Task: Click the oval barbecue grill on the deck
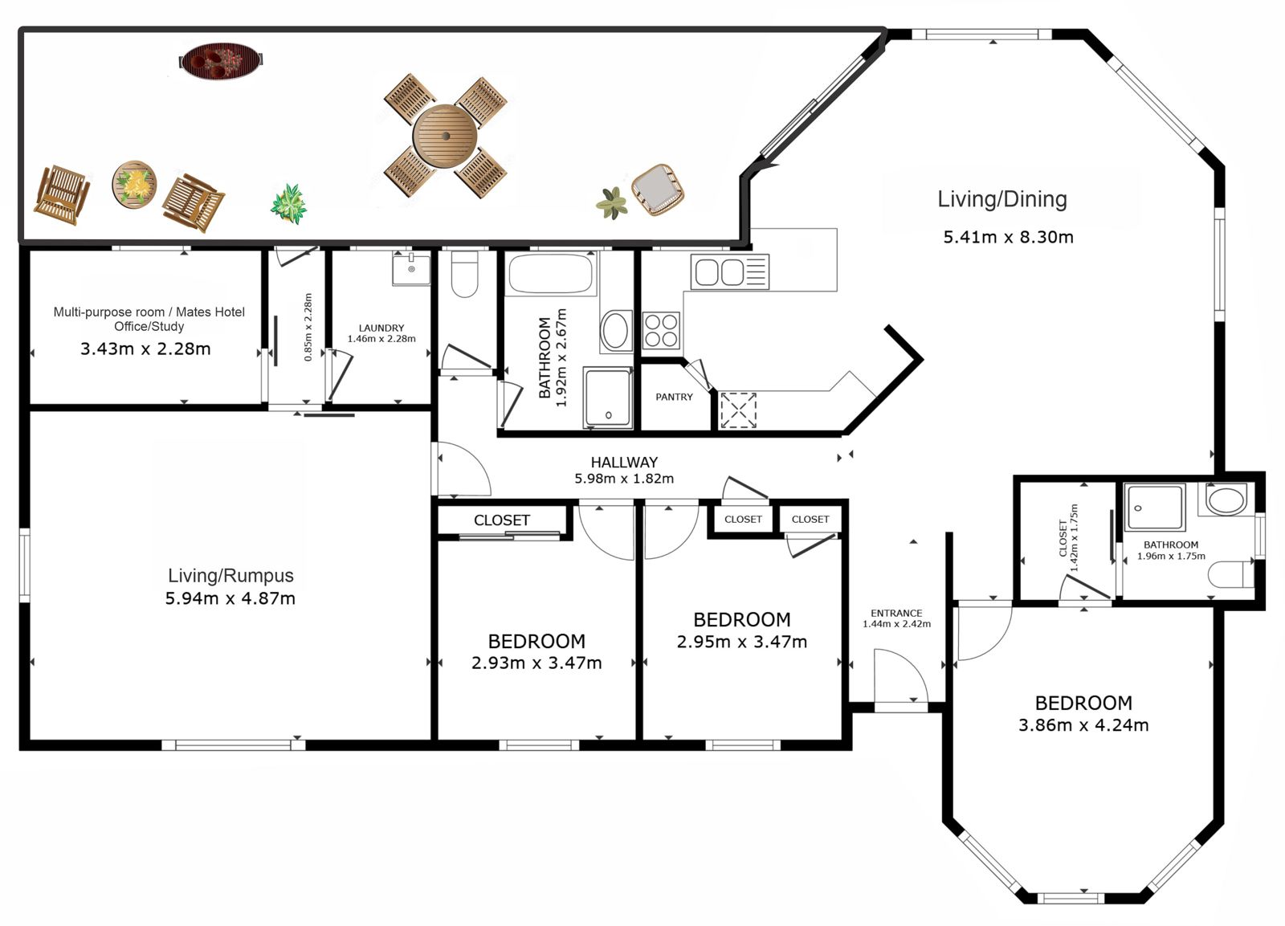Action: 221,60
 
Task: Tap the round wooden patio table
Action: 445,136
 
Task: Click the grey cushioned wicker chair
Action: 658,190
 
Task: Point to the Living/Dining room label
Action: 1002,199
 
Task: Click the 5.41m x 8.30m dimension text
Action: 1009,237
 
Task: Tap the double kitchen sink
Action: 730,271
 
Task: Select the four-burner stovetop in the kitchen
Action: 661,330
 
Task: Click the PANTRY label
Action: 674,397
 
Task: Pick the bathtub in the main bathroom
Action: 551,274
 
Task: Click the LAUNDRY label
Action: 381,328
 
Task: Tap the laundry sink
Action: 411,268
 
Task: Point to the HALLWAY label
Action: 624,463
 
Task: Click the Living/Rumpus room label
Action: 230,576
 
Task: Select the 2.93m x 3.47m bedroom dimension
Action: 536,663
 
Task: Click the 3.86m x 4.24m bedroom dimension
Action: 1083,725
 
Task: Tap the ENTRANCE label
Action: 896,614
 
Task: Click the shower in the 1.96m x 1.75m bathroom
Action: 1155,508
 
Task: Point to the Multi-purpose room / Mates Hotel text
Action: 149,312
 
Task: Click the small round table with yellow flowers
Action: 134,185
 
